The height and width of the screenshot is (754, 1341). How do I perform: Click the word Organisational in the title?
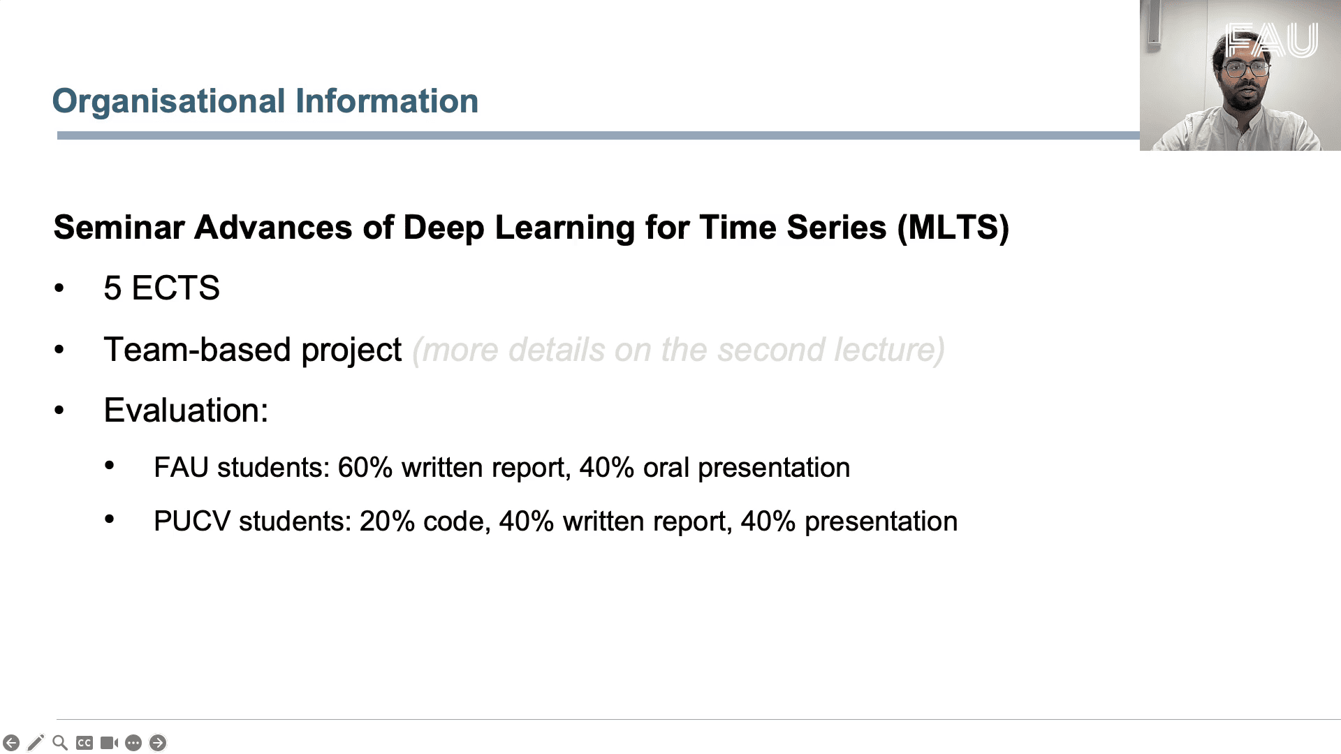169,102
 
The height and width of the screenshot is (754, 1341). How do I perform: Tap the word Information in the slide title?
387,101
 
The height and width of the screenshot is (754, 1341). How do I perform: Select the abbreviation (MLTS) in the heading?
953,228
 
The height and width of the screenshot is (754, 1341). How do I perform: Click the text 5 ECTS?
161,288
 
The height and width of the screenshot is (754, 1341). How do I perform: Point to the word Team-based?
197,349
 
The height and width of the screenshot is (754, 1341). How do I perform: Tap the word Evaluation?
186,410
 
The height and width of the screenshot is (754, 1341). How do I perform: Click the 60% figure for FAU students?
365,468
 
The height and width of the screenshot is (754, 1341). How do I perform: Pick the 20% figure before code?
387,522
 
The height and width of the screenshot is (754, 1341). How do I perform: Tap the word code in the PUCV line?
456,522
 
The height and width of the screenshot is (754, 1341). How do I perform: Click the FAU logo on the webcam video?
1271,40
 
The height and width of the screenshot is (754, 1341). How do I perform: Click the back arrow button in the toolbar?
11,743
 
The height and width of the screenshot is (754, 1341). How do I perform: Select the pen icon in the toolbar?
36,743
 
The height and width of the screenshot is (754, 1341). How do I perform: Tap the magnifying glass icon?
60,743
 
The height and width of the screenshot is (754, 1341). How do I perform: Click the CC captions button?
85,743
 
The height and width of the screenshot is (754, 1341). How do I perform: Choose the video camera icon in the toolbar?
109,743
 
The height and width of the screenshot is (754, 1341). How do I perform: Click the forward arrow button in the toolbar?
158,743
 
